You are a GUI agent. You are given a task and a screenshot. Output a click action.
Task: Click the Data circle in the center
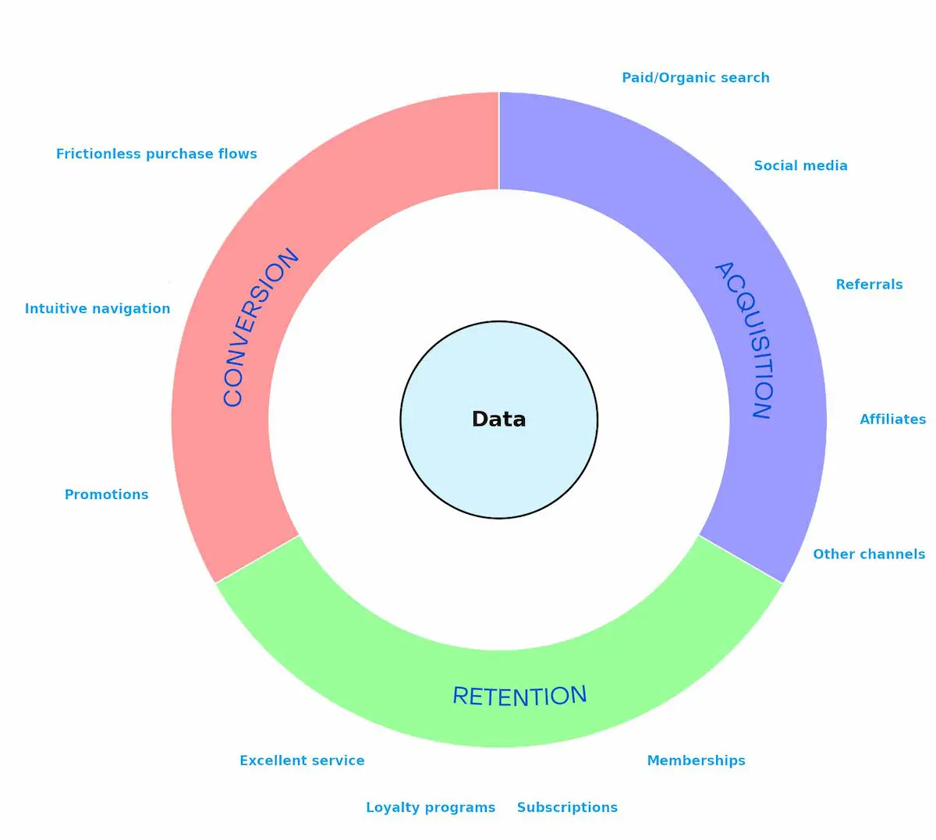tap(499, 420)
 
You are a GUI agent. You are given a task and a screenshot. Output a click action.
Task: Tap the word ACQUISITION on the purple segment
tap(744, 340)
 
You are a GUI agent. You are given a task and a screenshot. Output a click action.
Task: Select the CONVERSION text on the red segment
tap(260, 328)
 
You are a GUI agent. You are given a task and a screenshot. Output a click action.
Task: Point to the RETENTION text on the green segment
tap(519, 696)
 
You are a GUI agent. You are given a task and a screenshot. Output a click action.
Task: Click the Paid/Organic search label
tap(695, 78)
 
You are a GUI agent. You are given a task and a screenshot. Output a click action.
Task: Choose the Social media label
tap(800, 165)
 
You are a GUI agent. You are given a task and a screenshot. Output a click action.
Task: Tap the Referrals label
tap(869, 285)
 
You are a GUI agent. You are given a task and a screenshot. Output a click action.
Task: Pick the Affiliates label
tap(892, 420)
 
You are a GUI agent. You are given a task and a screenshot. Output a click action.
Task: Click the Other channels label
tap(869, 555)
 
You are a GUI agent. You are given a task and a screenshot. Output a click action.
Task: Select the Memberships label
tap(696, 760)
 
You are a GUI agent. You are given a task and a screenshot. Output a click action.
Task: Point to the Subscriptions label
tap(567, 807)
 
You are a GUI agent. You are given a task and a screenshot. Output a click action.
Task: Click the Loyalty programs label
tap(431, 807)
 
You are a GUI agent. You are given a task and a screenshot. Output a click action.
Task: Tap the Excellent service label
tap(302, 760)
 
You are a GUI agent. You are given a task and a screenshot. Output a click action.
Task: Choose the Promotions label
tap(106, 494)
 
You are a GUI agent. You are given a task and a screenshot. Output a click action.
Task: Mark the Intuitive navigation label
tap(97, 309)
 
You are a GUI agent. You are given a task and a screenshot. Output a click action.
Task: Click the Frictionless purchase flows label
tap(156, 154)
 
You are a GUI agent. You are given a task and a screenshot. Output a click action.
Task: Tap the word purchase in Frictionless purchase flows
tap(180, 154)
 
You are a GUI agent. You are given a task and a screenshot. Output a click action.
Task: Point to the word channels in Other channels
tap(892, 555)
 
